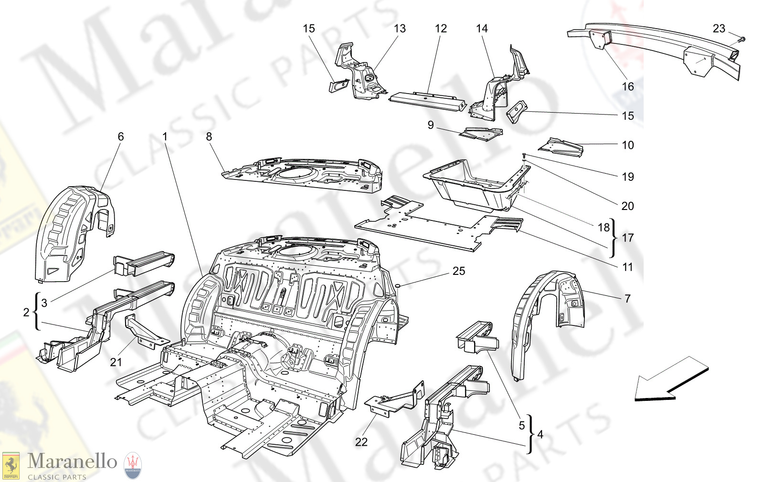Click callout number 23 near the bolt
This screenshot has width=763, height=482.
click(719, 29)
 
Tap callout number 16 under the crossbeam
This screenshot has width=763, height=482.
click(627, 86)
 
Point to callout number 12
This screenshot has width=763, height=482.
click(441, 29)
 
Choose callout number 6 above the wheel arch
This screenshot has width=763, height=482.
click(121, 136)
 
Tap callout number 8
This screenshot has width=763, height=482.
click(209, 136)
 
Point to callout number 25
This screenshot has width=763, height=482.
click(458, 271)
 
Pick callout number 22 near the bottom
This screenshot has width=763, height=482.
click(361, 442)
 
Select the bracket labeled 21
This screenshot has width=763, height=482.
click(143, 332)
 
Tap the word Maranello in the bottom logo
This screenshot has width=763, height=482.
click(72, 461)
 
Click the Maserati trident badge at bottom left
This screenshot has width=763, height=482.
click(133, 465)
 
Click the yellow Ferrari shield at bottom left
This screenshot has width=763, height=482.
click(11, 466)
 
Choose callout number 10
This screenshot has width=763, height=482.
click(628, 145)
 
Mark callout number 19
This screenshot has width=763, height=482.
click(628, 177)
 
